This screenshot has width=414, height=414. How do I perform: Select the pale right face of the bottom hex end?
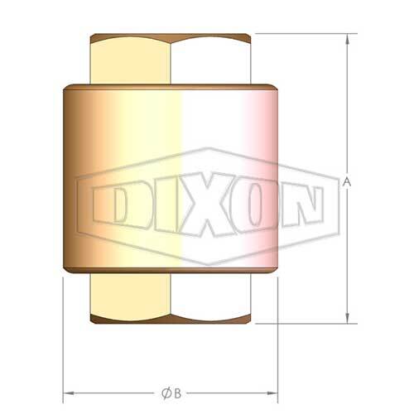pos(211,298)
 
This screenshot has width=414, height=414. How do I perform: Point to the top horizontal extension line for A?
pos(306,33)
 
